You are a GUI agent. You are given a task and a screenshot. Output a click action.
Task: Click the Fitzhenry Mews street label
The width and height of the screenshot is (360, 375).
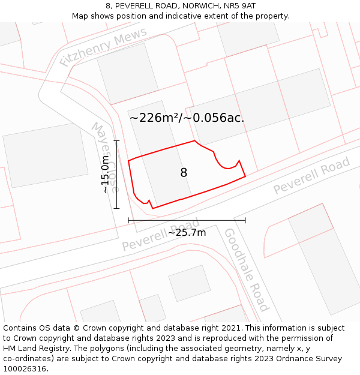[103, 47]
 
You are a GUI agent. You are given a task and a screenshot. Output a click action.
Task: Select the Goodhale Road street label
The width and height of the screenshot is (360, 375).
[246, 269]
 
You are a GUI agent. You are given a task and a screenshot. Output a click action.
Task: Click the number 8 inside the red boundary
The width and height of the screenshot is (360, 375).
[184, 173]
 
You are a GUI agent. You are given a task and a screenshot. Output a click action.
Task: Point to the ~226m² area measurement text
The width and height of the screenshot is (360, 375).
[155, 118]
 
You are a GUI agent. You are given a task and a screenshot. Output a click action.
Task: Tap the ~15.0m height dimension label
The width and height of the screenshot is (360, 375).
[106, 175]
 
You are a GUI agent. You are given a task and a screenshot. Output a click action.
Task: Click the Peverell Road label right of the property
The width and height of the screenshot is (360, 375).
[311, 176]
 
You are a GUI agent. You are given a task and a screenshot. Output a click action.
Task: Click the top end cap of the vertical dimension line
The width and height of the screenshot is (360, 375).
[116, 141]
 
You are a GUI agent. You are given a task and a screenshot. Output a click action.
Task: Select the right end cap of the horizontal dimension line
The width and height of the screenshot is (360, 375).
[245, 220]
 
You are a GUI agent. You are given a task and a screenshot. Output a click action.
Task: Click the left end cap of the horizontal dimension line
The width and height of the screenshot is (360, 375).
[128, 220]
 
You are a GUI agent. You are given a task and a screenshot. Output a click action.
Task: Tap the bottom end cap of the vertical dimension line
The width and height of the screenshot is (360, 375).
[116, 208]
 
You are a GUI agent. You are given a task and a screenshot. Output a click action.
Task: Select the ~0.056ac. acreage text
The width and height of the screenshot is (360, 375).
[214, 118]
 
